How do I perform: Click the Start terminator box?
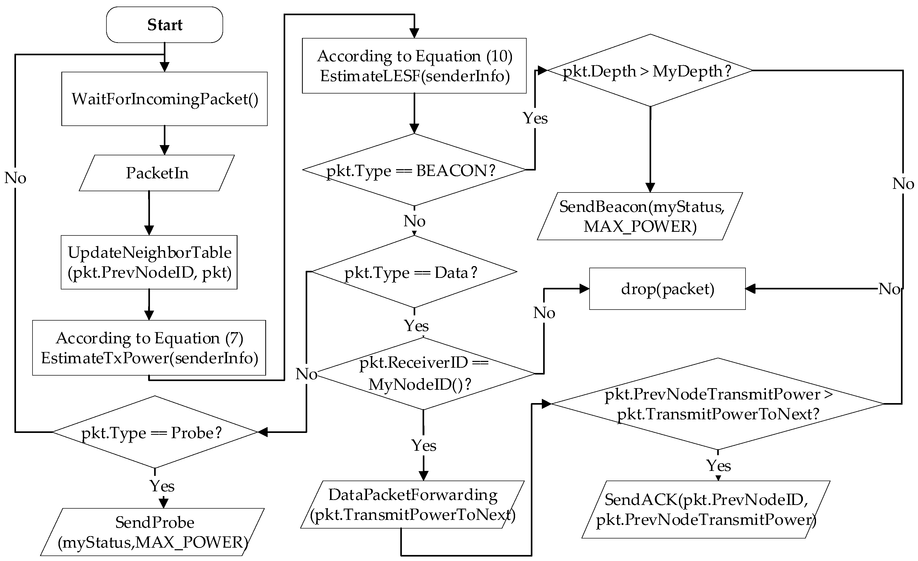[164, 25]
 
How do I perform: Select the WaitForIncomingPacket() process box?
[164, 99]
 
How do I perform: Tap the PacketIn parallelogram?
[157, 173]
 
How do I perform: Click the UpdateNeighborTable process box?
[149, 262]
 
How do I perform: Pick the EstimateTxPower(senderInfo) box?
[149, 348]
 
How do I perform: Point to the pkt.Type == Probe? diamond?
[155, 432]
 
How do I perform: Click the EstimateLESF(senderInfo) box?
[414, 66]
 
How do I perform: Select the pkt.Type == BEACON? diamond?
[414, 170]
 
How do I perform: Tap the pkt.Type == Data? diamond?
[414, 272]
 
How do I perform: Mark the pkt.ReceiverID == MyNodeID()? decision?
[424, 373]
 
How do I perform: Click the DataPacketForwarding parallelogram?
[412, 504]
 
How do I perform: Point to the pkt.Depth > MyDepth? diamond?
[650, 71]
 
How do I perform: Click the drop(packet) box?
[667, 289]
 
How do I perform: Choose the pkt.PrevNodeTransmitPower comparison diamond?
[717, 404]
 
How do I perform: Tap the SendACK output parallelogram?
[706, 510]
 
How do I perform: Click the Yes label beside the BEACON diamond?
[535, 118]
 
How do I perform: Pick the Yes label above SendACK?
[718, 466]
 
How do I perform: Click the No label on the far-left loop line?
[15, 178]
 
